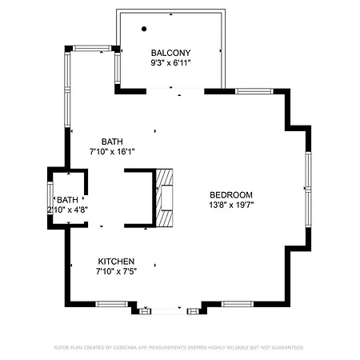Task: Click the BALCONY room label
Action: [170, 53]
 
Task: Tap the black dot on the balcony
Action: [144, 29]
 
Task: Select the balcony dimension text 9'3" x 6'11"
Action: [170, 63]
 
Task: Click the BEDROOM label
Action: [231, 195]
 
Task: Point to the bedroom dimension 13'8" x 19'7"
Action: [231, 205]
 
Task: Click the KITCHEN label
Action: [116, 262]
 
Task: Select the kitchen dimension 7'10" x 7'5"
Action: [116, 271]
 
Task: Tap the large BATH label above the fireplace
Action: [112, 142]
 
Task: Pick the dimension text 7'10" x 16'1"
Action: [112, 151]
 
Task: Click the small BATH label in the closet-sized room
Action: [67, 200]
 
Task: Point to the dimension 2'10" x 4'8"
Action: [67, 210]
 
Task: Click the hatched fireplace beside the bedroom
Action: [164, 198]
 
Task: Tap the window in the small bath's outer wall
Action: [50, 198]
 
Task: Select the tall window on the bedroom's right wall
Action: [308, 190]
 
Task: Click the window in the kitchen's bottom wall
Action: [112, 304]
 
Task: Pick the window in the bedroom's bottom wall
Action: [238, 304]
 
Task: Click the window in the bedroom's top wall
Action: [254, 91]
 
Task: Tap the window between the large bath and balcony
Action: [118, 68]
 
